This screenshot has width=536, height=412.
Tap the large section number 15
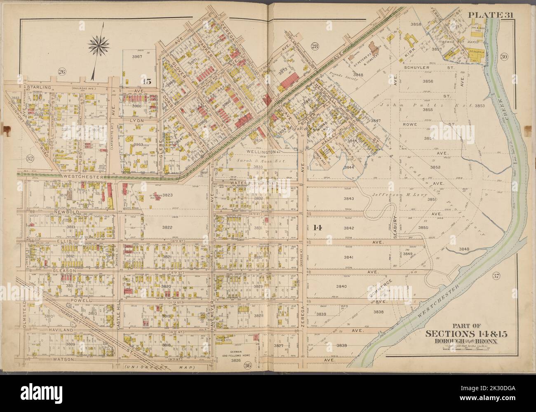[147, 82]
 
